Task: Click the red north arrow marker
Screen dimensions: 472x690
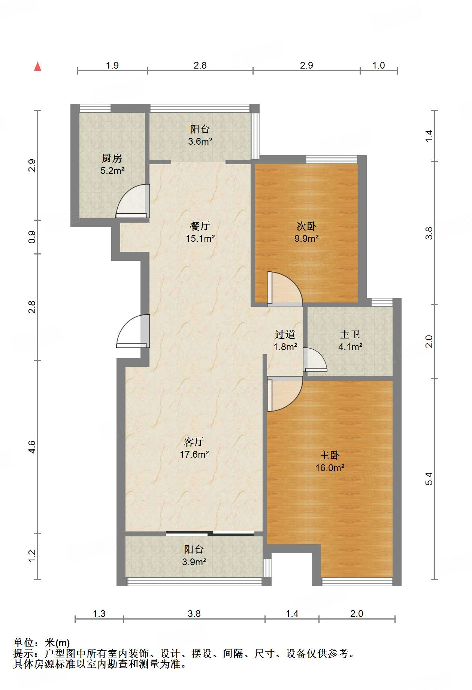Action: [37, 66]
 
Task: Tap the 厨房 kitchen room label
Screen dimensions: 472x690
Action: [112, 159]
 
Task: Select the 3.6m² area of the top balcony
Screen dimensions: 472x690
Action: [200, 142]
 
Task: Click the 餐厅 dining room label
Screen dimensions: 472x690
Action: [200, 226]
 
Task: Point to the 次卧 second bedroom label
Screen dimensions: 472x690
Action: [306, 226]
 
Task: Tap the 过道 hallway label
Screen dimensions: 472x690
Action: [285, 334]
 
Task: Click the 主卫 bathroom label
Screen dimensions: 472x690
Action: [350, 334]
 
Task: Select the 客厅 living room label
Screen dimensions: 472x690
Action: [194, 442]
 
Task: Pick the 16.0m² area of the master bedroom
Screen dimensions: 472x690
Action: [330, 468]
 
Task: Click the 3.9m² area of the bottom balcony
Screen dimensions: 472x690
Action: [194, 562]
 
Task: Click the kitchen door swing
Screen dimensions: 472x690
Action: [133, 201]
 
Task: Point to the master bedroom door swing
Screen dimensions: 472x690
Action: [285, 394]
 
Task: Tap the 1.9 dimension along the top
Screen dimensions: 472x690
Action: [112, 65]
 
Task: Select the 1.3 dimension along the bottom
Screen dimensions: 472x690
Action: [99, 614]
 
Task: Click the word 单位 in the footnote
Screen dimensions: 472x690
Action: [24, 643]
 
